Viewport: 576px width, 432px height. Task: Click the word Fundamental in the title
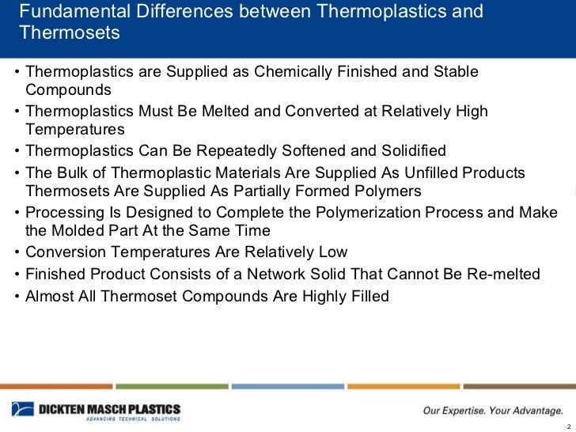point(64,13)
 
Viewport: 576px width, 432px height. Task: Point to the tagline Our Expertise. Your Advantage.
point(490,410)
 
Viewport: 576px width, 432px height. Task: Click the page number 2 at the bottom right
point(568,426)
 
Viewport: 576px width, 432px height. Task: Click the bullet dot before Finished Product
point(17,275)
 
